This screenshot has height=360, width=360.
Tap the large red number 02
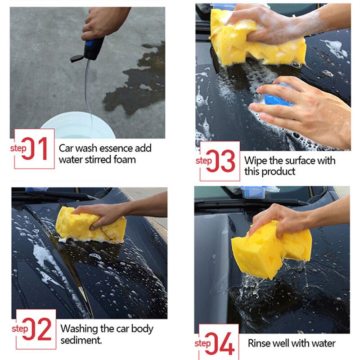(x=37, y=329)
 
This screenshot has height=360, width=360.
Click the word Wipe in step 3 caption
(x=255, y=160)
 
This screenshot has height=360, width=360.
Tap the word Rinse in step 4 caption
(x=259, y=343)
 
